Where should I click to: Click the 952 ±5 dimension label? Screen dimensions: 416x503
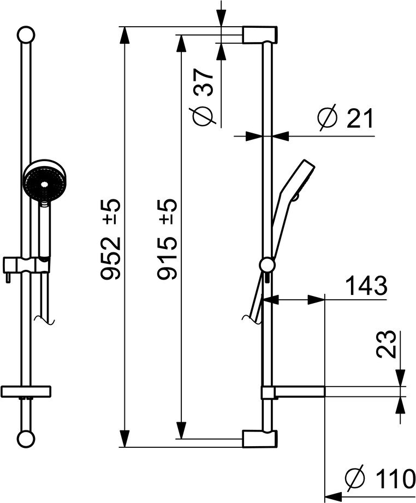pos(110,239)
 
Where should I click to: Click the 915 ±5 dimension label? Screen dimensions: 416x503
pos(167,239)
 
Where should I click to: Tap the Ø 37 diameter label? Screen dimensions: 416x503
pos(203,97)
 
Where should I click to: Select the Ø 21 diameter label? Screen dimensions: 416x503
pos(345,118)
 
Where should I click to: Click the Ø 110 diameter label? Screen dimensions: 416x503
pos(380,478)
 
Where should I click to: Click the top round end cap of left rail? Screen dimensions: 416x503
pos(26,34)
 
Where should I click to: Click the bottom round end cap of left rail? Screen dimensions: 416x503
pos(26,439)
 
